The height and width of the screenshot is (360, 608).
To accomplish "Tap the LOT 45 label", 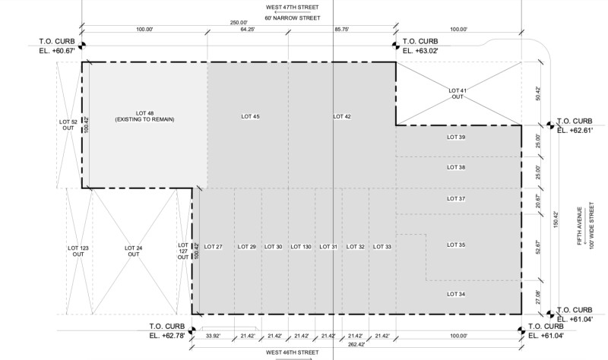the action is pos(250,116).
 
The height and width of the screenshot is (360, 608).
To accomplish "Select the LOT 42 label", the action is pos(342,116).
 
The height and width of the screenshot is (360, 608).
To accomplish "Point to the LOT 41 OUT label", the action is pos(458,93).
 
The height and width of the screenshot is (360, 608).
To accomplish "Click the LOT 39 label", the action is pos(456,137).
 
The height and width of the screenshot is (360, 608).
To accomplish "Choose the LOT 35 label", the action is pos(456,245).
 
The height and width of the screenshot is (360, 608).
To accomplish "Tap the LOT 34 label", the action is pos(456,294).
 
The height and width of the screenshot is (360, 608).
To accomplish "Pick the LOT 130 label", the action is pos(301,247).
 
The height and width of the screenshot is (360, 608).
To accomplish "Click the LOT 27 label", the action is pos(214,247).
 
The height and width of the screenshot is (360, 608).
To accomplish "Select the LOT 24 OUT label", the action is pos(134,251).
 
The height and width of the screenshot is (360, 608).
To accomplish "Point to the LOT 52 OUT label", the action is pos(68,125).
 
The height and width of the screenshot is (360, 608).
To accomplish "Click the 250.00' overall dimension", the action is pos(239,23).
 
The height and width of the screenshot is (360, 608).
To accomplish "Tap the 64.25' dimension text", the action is pos(248,29).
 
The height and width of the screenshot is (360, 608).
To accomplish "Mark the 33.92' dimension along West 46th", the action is pos(214,336).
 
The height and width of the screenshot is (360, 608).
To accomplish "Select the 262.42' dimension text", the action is pos(356,344).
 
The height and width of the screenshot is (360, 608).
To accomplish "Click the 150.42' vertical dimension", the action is pos(556,219).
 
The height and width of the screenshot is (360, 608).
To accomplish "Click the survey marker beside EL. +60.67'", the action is pos(82,46).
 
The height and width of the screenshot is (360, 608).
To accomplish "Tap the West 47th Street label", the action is pos(293,7).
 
